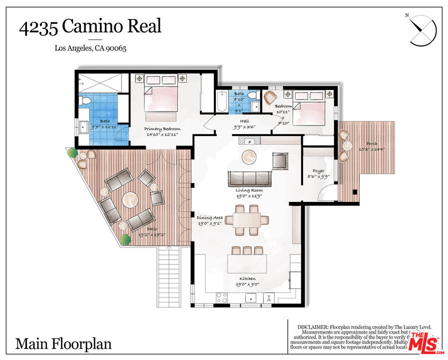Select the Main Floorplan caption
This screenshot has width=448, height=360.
pyautogui.click(x=63, y=344)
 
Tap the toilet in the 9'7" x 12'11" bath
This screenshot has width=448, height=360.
pyautogui.click(x=85, y=101)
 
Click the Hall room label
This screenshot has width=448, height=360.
pyautogui.click(x=245, y=120)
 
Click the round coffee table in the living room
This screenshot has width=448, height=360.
pyautogui.click(x=249, y=157)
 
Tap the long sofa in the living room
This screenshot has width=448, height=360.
pyautogui.click(x=249, y=178)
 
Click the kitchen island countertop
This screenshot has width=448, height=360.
pyautogui.click(x=248, y=263)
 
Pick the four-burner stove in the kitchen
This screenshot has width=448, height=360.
pyautogui.click(x=221, y=297)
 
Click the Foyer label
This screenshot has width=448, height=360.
pyautogui.click(x=318, y=171)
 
